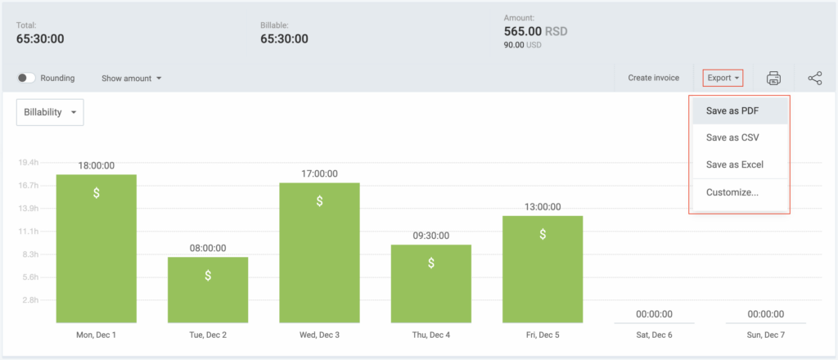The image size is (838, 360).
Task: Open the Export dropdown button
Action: click(723, 78)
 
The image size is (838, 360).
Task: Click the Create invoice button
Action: click(653, 78)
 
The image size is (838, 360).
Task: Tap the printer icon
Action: click(773, 78)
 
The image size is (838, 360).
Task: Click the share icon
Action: click(815, 78)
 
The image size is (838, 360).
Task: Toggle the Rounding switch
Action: click(26, 78)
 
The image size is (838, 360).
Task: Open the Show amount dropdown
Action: click(131, 79)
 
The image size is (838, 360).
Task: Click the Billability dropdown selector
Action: click(50, 112)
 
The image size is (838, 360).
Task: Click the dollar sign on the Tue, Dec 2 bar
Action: click(208, 276)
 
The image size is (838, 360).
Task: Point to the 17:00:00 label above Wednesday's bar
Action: click(319, 173)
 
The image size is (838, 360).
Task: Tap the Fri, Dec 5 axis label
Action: click(543, 335)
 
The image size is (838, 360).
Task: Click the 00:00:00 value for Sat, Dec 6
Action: click(654, 313)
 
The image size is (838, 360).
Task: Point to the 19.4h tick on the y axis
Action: click(29, 163)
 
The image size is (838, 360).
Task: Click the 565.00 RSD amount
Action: click(535, 31)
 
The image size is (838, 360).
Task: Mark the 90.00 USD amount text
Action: click(524, 46)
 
